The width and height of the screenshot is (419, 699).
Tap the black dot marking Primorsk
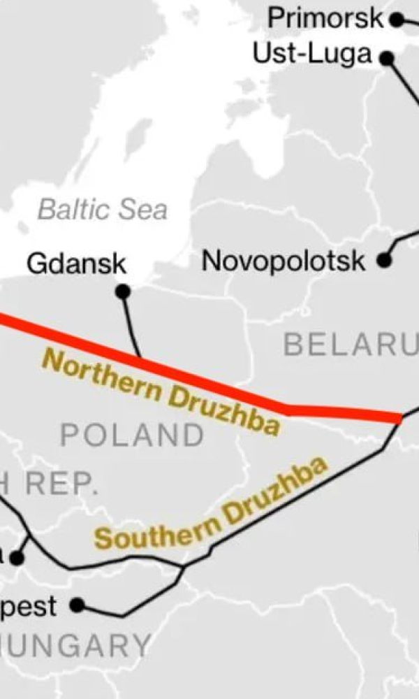397,20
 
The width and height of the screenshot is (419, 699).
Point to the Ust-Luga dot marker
387,58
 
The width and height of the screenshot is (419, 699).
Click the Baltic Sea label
103,209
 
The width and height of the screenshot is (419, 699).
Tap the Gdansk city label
77,264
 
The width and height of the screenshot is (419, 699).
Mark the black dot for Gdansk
123,291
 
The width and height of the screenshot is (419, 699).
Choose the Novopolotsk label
283,261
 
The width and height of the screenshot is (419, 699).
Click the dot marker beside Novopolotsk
383,261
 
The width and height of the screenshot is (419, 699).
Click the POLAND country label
132,435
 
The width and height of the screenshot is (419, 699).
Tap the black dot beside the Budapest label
78,604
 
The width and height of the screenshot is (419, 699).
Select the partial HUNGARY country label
77,644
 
